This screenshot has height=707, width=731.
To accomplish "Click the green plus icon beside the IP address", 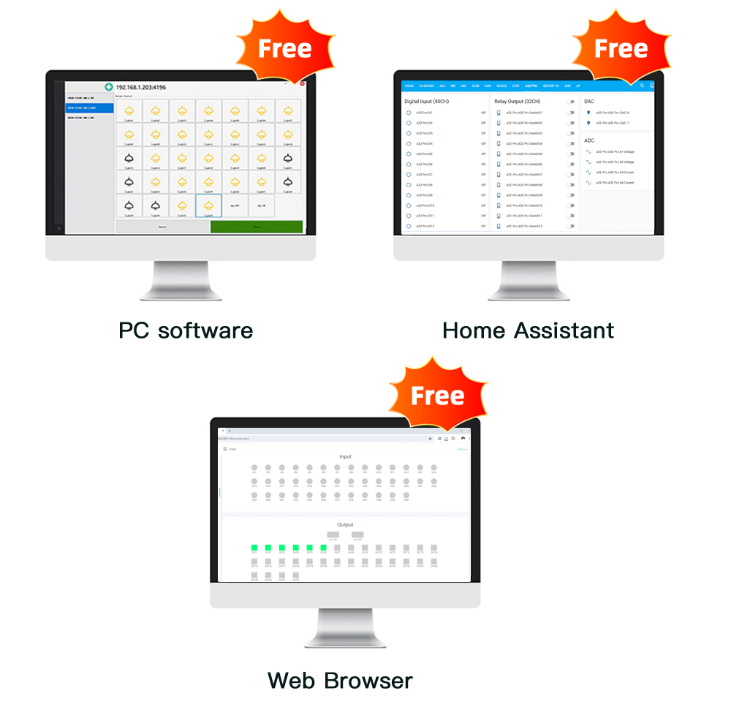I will coord(109,88).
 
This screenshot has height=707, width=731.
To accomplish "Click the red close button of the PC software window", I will coord(303,84).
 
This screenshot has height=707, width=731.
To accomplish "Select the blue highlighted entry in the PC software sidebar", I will coord(90,107).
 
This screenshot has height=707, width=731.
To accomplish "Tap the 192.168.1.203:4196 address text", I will coord(141,88).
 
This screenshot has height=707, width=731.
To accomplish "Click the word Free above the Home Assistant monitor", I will coord(621,49).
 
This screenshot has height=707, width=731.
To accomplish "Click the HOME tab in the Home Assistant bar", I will coord(409,86).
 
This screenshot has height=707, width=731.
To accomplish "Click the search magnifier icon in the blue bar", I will coord(643,86).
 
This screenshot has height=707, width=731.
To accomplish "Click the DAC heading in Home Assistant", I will coord(589,102).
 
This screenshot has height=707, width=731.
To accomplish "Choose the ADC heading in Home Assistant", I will coord(589,140).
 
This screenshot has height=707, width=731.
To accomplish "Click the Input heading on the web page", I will coord(345,457).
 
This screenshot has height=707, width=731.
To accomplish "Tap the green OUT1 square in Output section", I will coord(254,547).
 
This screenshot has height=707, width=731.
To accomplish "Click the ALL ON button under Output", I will coord(333,535).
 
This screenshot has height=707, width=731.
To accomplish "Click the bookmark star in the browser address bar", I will coord(430,438).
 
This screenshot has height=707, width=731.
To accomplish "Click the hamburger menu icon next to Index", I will coord(225,449).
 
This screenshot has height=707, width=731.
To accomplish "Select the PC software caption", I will coord(186,330).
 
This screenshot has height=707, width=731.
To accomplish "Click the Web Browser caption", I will coord(340,681).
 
